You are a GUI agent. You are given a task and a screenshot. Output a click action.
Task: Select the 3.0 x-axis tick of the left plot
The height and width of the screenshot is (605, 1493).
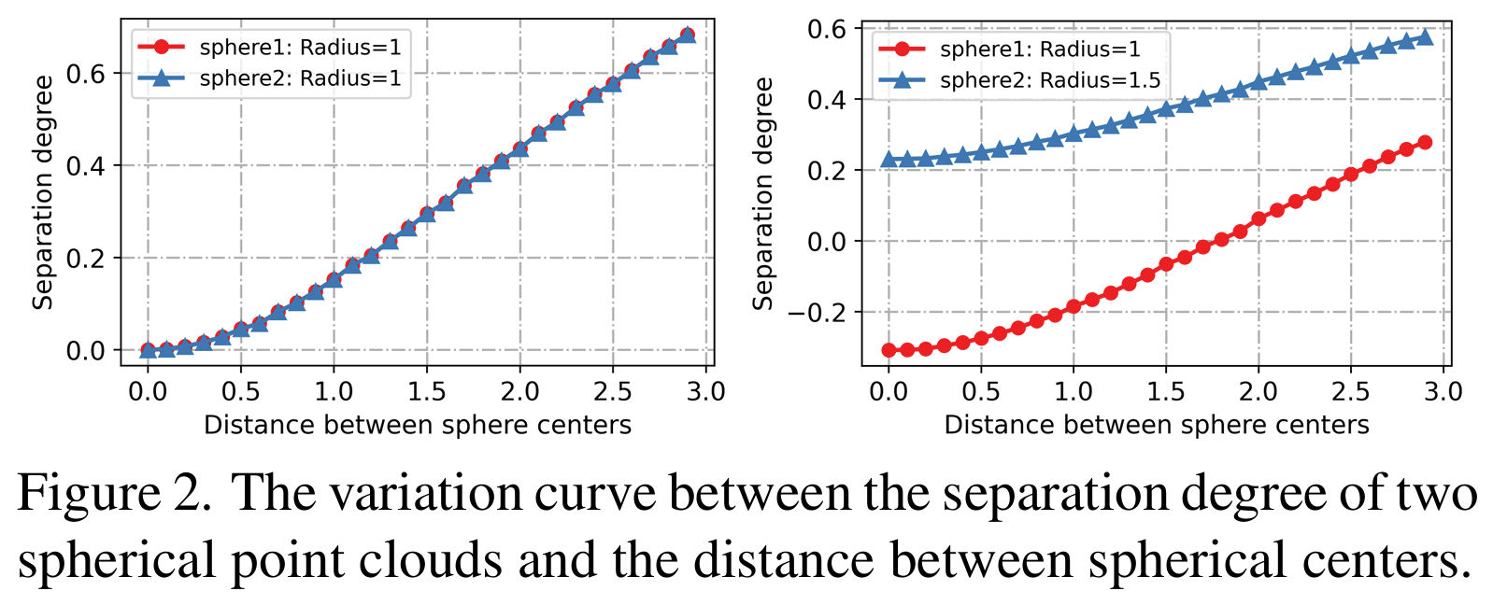point(705,391)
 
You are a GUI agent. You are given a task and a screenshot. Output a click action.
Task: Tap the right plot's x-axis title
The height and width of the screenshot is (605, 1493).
point(1156,426)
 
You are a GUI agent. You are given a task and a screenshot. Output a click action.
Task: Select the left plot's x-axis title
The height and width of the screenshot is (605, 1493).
point(418,426)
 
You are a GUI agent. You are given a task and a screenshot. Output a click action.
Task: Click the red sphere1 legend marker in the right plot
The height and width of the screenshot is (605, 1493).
point(903,49)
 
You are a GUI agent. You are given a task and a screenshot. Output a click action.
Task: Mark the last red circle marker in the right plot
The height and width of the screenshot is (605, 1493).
point(1425,143)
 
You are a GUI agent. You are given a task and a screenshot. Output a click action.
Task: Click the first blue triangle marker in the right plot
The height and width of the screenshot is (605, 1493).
point(889,160)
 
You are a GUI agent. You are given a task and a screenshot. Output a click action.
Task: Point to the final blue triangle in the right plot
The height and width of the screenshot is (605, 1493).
point(1425,36)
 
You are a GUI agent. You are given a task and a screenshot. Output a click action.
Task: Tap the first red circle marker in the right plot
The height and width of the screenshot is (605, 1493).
point(889,350)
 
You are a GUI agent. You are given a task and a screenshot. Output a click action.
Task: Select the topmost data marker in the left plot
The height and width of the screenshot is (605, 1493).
point(687,35)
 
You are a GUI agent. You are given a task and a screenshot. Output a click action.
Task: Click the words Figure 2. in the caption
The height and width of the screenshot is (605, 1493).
point(114,494)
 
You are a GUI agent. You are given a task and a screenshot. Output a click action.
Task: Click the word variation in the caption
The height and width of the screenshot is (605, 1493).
point(420,494)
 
